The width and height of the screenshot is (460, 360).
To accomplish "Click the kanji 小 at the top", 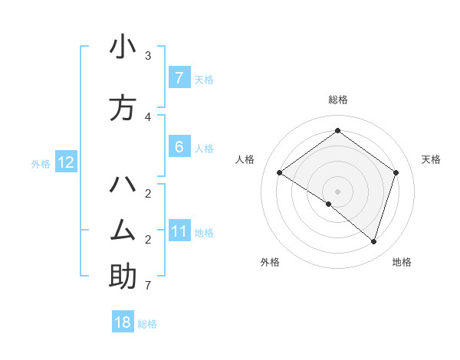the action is (123, 47).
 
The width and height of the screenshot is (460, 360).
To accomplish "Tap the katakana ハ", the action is (123, 186).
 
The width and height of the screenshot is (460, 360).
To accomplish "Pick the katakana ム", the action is (123, 231).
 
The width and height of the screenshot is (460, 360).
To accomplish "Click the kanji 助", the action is (123, 277).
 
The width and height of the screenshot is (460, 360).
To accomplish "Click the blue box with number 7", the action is (179, 78).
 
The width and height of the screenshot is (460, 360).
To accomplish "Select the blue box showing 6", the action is (179, 147).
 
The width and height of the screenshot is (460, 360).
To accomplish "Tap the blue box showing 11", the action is (179, 231).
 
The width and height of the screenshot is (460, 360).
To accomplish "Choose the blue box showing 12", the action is (65, 162).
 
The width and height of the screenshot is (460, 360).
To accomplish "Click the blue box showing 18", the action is (123, 322).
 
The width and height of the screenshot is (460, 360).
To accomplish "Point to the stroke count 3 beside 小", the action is (148, 56).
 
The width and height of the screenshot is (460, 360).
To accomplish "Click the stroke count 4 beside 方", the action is (148, 116).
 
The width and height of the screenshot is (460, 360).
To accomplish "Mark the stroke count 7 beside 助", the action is (148, 286).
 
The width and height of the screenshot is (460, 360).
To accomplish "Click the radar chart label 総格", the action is (337, 100).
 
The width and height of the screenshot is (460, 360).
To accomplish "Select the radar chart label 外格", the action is (270, 262).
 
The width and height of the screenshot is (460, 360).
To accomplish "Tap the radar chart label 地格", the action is (402, 262).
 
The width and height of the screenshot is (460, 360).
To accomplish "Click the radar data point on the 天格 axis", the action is (396, 172).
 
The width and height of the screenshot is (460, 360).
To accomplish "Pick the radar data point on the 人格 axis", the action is (279, 173).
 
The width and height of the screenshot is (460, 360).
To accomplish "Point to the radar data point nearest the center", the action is (329, 204).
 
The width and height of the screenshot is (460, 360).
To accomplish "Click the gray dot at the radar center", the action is (337, 191).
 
